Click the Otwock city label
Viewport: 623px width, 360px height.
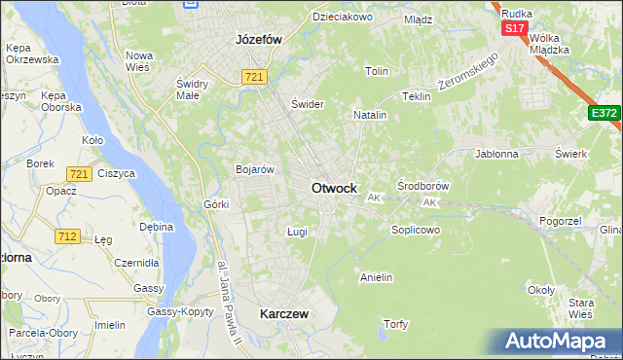click(x=333, y=188)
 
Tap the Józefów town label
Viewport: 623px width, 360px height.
click(x=258, y=40)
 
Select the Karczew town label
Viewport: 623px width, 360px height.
click(x=284, y=314)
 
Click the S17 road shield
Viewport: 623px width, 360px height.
click(x=515, y=29)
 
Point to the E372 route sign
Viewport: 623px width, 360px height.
click(x=604, y=114)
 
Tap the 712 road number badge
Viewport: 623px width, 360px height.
click(x=68, y=236)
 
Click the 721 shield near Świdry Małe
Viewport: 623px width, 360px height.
click(x=256, y=77)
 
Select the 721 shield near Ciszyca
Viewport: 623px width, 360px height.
click(x=80, y=173)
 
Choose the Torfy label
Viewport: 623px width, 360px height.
click(x=395, y=324)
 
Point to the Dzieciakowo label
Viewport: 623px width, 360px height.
click(x=341, y=17)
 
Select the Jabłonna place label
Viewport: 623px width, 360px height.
click(x=496, y=154)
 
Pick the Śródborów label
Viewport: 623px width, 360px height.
click(x=421, y=185)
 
